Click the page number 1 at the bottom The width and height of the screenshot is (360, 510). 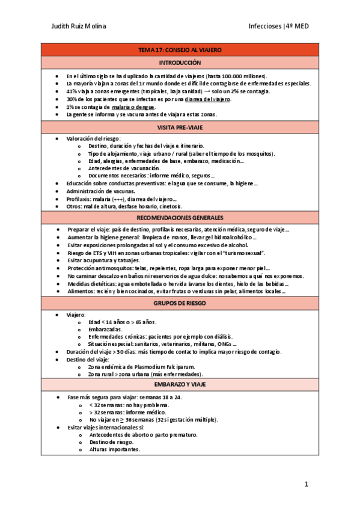[306, 484]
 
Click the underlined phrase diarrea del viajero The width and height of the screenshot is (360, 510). [208, 99]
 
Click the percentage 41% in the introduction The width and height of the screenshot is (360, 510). [72, 91]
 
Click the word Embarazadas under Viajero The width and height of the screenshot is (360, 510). [105, 330]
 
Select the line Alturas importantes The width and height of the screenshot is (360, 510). [115, 449]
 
